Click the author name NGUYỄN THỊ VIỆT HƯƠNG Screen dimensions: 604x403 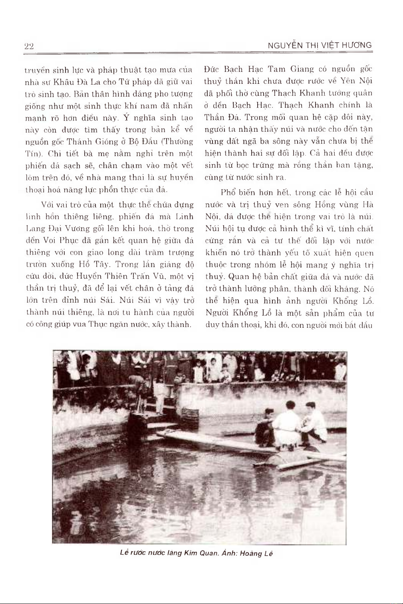point(320,46)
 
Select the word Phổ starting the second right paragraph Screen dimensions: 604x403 point(228,192)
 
